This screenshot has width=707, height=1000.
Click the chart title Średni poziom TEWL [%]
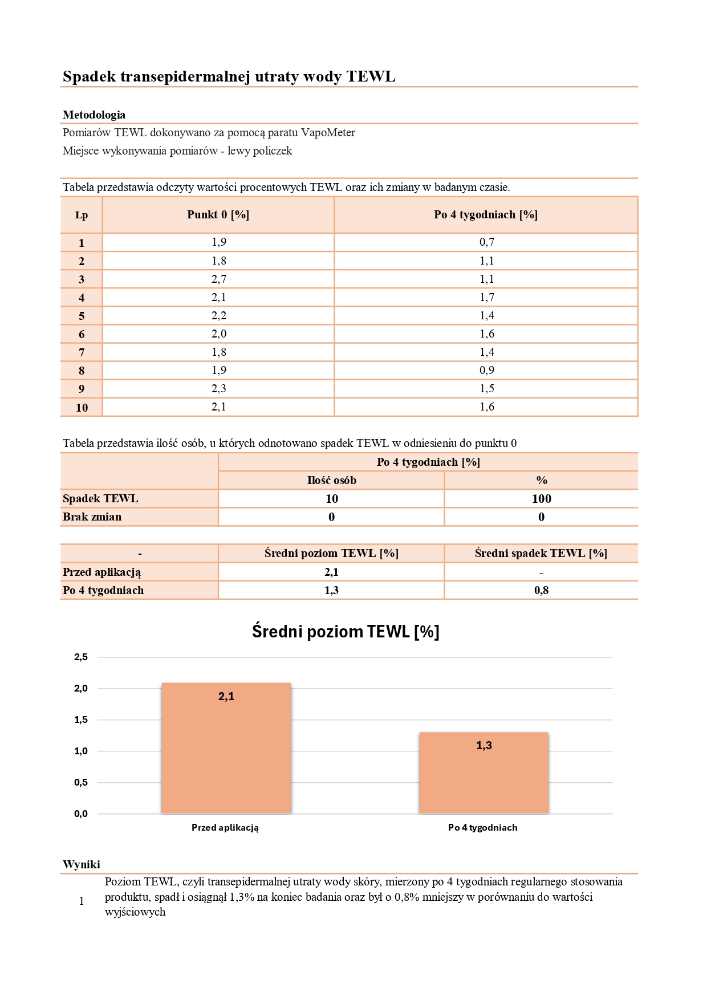coord(346,632)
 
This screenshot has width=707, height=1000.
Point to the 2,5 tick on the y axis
coord(81,657)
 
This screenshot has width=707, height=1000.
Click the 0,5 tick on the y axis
coord(81,783)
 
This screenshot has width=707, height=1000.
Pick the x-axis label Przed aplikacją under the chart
coord(225,827)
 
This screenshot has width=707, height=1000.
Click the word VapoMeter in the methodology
coord(328,133)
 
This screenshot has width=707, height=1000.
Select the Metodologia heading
coord(94,115)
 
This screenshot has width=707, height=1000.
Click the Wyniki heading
coord(82,864)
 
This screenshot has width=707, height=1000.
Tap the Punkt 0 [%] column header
coord(218,215)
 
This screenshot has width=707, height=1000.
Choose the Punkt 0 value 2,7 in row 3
coord(219,279)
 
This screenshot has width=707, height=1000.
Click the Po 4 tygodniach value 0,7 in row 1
coord(487,242)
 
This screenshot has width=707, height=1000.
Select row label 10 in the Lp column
coord(82,408)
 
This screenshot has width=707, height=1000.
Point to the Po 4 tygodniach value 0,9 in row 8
coord(487,370)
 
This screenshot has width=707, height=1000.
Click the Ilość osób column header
coord(331,481)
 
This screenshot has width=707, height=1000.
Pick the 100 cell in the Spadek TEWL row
coord(541,499)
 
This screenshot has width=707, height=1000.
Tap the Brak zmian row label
coord(92,517)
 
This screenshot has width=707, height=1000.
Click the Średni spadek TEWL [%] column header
coord(541,554)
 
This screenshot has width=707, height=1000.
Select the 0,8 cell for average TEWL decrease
coord(541,591)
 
